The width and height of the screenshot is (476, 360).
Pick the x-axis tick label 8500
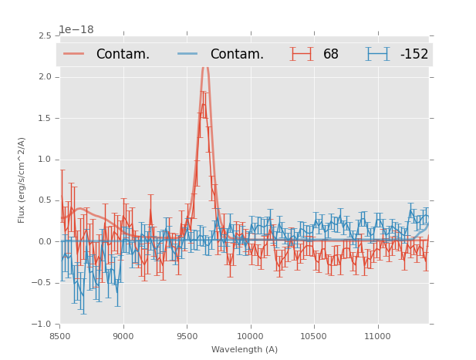pyautogui.click(x=60, y=336)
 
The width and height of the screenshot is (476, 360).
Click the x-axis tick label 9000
pyautogui.click(x=123, y=336)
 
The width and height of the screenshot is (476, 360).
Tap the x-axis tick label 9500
pyautogui.click(x=187, y=336)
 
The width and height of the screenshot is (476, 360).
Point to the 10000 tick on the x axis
pyautogui.click(x=250, y=336)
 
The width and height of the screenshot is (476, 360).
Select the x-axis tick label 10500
pyautogui.click(x=313, y=336)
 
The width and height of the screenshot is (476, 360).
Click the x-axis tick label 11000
pyautogui.click(x=377, y=336)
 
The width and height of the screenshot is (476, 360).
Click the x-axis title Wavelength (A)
pyautogui.click(x=245, y=349)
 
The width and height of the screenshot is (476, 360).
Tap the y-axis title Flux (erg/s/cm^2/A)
pyautogui.click(x=22, y=180)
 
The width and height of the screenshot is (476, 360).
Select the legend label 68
pyautogui.click(x=331, y=54)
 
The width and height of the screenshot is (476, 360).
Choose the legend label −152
pyautogui.click(x=414, y=54)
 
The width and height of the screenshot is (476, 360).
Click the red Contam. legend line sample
pyautogui.click(x=74, y=54)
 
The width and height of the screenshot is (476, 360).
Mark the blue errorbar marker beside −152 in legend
pyautogui.click(x=378, y=54)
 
